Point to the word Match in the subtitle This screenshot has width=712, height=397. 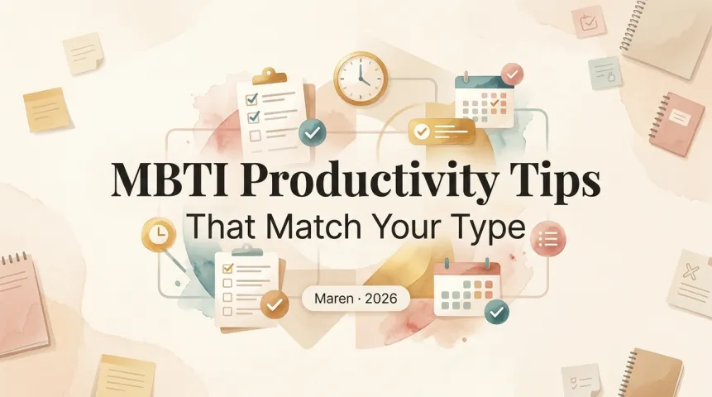(312, 226)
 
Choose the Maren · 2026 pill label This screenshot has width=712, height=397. (355, 297)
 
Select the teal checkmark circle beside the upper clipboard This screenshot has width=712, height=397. (313, 131)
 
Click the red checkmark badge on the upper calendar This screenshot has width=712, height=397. (512, 75)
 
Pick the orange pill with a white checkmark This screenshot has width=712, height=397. (442, 132)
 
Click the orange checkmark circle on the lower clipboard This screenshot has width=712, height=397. (274, 305)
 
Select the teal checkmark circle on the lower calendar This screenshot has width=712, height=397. (497, 312)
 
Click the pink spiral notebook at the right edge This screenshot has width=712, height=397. (677, 122)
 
